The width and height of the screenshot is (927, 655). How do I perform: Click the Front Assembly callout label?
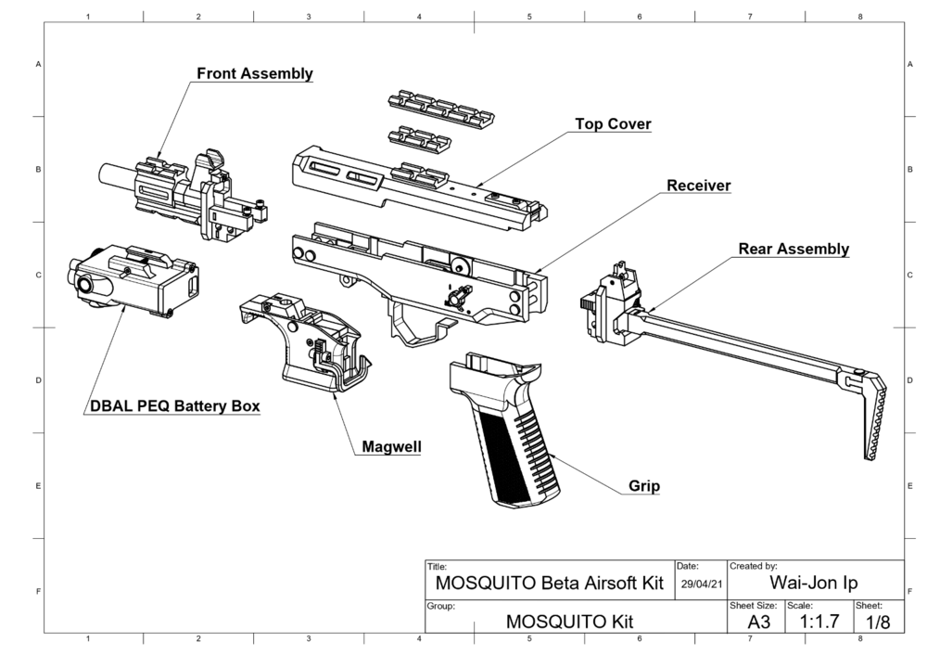pyautogui.click(x=253, y=74)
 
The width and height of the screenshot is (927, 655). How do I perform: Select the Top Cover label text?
pyautogui.click(x=613, y=124)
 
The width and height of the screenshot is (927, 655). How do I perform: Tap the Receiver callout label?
pyautogui.click(x=699, y=186)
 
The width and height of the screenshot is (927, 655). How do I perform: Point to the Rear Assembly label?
pyautogui.click(x=793, y=250)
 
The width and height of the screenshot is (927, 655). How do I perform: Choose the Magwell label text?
pyautogui.click(x=390, y=447)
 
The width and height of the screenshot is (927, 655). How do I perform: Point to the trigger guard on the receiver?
pyautogui.click(x=413, y=320)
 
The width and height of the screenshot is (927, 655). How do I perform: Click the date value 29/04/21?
pyautogui.click(x=701, y=584)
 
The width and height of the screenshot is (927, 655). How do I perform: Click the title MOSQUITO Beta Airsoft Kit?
pyautogui.click(x=550, y=584)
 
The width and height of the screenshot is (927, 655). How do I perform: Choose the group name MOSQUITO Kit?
pyautogui.click(x=569, y=622)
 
